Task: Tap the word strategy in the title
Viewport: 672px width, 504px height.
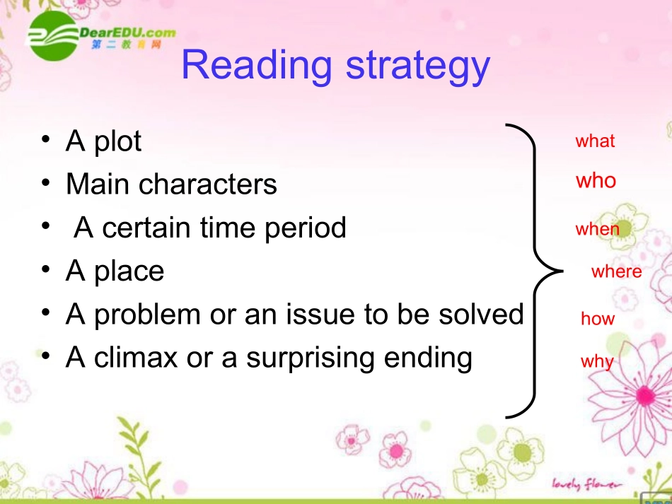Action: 418,67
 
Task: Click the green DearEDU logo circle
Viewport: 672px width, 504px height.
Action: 53,36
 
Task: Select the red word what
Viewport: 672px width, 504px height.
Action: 595,141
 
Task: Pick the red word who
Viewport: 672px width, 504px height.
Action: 596,180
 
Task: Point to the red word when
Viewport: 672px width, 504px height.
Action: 598,229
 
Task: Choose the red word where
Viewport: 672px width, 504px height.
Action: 616,271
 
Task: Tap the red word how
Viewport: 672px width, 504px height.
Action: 598,318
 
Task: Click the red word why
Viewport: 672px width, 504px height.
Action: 597,362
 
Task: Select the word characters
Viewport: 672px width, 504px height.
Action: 208,184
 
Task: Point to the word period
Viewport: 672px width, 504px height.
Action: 305,228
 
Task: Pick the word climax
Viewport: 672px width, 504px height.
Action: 135,357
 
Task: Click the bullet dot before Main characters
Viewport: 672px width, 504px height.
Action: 46,183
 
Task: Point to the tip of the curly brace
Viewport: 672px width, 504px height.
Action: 562,271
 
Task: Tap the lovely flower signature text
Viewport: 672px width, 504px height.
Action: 586,484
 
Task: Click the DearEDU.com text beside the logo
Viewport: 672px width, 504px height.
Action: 128,33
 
